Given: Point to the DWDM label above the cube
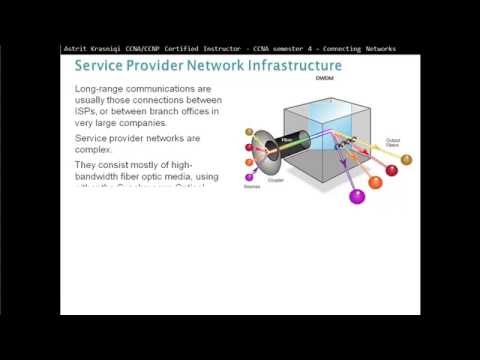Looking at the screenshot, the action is click(323, 79).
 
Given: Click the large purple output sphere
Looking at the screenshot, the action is click(356, 196).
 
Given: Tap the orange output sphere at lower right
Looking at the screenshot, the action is click(376, 183).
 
